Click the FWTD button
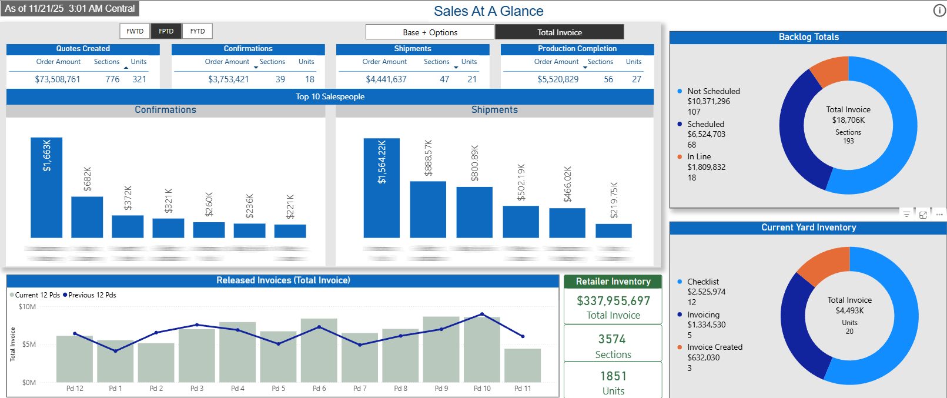point(135,31)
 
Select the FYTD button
point(198,31)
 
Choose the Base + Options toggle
point(430,32)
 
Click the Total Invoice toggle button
point(559,32)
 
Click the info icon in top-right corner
point(939,11)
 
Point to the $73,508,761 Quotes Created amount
point(58,79)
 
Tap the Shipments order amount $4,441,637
point(386,79)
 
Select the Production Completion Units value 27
point(637,79)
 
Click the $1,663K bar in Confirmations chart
point(46,188)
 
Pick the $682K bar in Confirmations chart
point(87,218)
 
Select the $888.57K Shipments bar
point(428,210)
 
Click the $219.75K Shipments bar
point(614,231)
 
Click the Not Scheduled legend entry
point(713,92)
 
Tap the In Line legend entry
point(699,157)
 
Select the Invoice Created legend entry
point(714,347)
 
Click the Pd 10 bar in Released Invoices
point(482,350)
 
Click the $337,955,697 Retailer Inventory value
point(613,301)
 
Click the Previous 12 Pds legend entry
point(92,295)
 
